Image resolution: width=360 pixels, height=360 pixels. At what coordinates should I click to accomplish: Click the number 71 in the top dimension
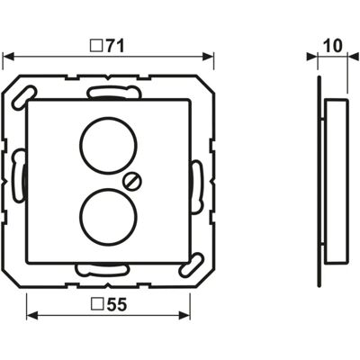pos(113,47)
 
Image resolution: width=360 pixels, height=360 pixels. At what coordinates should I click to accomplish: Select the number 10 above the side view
pos(333,46)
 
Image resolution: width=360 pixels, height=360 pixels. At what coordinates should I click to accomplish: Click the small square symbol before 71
pos(96,47)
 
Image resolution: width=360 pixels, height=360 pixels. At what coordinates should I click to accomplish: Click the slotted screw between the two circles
pos(133,181)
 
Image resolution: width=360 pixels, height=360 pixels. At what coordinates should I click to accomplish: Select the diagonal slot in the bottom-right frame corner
pos(191,265)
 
